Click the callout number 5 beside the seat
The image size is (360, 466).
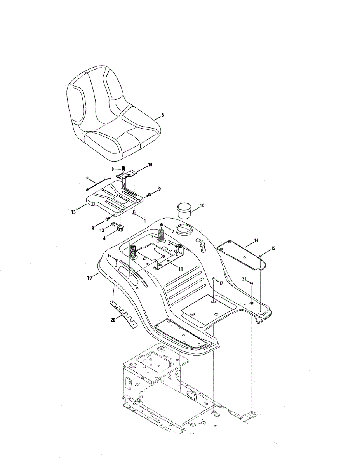163,115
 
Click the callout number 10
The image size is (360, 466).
150,165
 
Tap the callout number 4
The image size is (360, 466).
104,239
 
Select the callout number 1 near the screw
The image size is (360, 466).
144,220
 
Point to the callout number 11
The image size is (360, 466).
180,268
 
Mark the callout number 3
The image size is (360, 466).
155,250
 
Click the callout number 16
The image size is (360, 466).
109,255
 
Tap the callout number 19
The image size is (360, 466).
89,278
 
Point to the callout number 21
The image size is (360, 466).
244,279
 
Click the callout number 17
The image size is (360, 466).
221,283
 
